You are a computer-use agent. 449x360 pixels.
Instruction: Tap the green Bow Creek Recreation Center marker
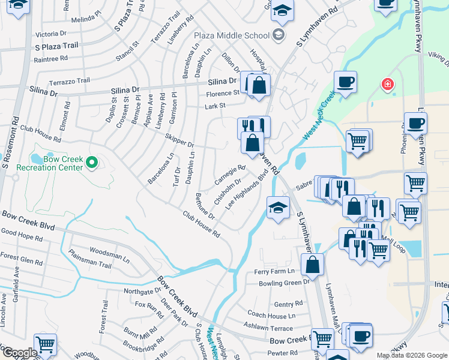(x=91, y=162)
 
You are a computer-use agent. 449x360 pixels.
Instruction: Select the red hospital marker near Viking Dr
(x=388, y=84)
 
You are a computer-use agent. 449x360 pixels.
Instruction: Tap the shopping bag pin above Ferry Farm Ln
(x=313, y=263)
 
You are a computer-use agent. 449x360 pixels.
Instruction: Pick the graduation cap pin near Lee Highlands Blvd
(x=278, y=208)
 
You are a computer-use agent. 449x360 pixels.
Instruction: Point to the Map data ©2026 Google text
(x=411, y=355)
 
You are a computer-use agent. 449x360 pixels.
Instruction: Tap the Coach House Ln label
(x=271, y=316)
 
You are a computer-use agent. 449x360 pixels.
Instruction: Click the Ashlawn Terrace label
(x=268, y=328)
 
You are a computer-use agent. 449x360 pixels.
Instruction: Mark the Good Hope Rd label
(x=22, y=238)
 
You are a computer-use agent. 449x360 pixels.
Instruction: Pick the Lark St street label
(x=214, y=106)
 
